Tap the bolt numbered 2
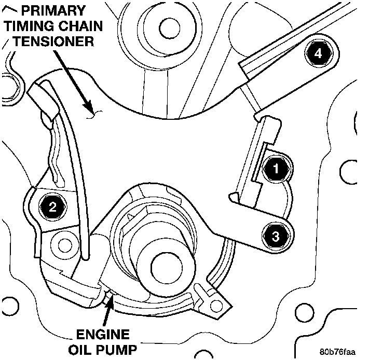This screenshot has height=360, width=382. [x=53, y=208]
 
